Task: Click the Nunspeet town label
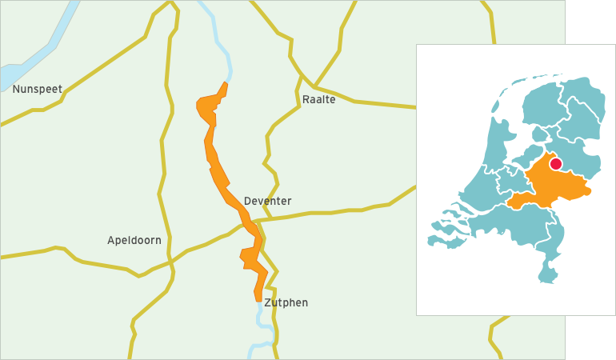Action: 37,89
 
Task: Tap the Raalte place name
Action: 318,100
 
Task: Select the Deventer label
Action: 267,201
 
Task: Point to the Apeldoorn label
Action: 134,240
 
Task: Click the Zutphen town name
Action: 286,302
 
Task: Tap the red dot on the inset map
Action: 556,164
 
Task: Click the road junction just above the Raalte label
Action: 314,85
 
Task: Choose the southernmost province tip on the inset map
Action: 548,279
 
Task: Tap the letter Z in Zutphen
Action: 267,302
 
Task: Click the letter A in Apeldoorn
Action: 111,240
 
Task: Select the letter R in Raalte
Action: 306,100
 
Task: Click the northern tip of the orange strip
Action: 226,83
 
